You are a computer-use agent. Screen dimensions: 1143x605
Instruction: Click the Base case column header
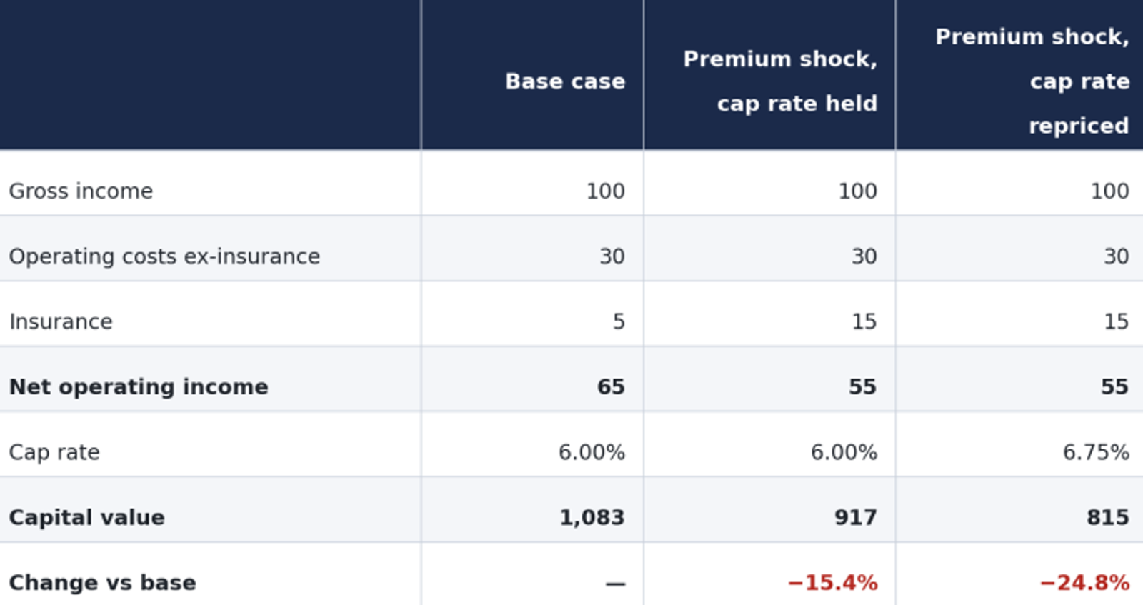tap(565, 81)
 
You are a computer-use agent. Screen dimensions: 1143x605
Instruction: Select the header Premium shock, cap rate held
tap(780, 81)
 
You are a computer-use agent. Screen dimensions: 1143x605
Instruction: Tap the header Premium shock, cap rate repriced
tap(1032, 81)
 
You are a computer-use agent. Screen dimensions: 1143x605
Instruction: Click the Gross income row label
tap(81, 191)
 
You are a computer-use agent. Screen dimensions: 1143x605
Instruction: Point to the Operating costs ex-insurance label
tap(164, 256)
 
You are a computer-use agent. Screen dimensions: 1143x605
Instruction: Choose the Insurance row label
tap(61, 322)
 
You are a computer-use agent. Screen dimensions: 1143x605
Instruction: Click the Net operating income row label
tap(139, 386)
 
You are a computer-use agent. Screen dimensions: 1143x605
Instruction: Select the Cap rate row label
tap(54, 452)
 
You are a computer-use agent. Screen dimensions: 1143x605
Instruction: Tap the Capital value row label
tap(86, 517)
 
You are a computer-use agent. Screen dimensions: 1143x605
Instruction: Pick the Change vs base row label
tap(103, 583)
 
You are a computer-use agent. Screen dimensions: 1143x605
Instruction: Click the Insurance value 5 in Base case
tap(619, 322)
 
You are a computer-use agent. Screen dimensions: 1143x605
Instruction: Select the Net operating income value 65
tap(611, 386)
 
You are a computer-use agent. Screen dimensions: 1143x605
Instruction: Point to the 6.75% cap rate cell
tap(1096, 452)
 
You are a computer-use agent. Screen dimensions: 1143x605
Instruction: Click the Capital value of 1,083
tap(592, 517)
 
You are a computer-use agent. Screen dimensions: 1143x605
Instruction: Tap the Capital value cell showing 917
tap(856, 517)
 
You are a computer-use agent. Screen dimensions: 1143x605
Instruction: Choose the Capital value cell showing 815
tap(1108, 517)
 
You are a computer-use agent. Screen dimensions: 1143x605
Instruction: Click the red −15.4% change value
tap(833, 583)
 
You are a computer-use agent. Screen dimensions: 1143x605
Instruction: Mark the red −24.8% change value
tap(1085, 583)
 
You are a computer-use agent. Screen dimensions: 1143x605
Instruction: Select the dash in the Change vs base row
tap(615, 584)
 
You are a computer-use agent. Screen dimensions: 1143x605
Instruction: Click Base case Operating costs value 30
tap(612, 256)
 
